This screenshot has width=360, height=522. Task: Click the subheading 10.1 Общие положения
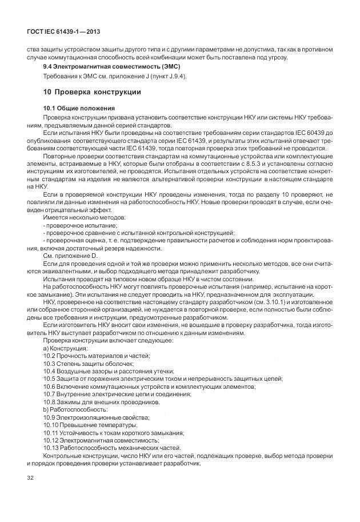(79, 108)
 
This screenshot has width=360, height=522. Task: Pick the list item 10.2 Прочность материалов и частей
(97, 356)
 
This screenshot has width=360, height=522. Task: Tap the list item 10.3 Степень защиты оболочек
(89, 364)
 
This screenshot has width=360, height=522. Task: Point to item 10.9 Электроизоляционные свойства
(97, 417)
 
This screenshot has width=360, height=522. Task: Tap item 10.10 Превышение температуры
(90, 425)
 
